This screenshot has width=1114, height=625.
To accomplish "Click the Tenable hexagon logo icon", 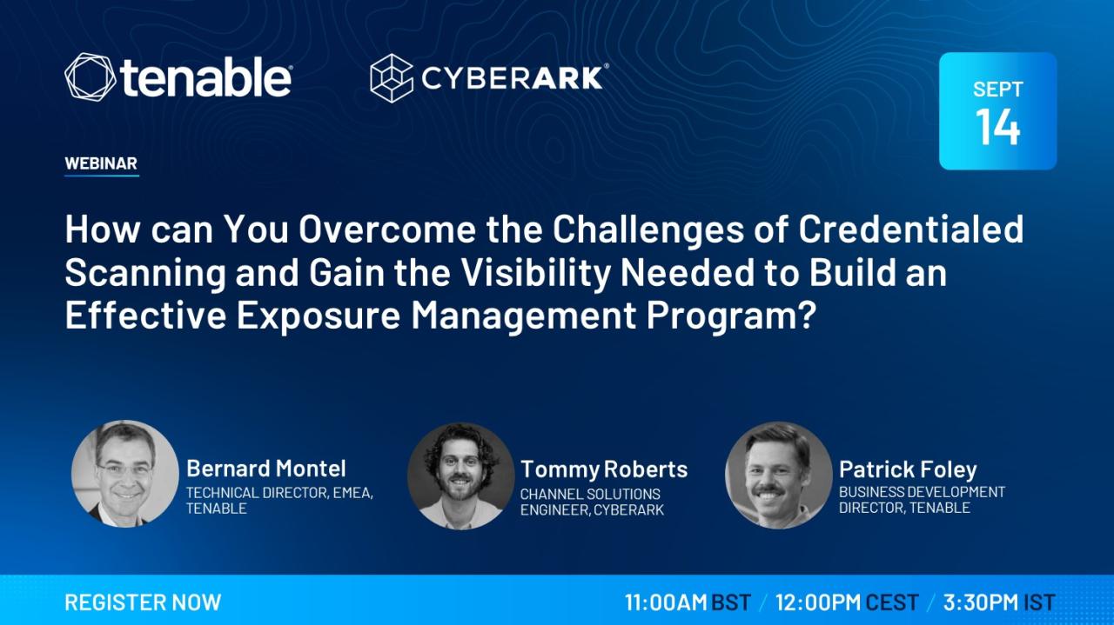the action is [x=90, y=77].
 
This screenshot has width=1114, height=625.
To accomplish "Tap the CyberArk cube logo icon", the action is [x=392, y=78].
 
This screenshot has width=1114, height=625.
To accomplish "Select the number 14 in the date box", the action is [x=997, y=127].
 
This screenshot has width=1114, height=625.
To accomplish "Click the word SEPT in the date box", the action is [x=997, y=90].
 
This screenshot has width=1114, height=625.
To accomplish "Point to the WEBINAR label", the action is [x=101, y=163].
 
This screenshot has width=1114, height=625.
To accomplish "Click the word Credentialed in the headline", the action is [x=911, y=229].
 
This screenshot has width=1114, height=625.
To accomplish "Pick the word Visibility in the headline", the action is [x=536, y=273].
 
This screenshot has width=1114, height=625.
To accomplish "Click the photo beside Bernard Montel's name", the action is [x=124, y=474].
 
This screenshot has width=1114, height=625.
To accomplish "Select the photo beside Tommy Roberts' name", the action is [x=460, y=476].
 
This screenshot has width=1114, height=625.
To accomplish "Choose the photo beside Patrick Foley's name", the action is [x=778, y=475].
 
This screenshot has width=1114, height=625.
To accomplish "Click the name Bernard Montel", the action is [x=266, y=469].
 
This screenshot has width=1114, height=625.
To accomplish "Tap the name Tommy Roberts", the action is [x=604, y=469].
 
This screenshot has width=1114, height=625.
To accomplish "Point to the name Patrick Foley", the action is [x=908, y=470].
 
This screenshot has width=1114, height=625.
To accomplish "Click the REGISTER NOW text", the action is [x=143, y=602].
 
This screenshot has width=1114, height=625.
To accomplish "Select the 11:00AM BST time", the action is [x=688, y=602].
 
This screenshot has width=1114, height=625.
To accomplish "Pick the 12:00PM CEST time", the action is [x=847, y=602].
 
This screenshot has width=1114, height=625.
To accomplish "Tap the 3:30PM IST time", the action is [x=999, y=602].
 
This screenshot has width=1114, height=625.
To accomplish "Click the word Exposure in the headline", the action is [x=319, y=316].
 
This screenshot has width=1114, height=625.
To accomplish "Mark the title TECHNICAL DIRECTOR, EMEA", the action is [x=279, y=494].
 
